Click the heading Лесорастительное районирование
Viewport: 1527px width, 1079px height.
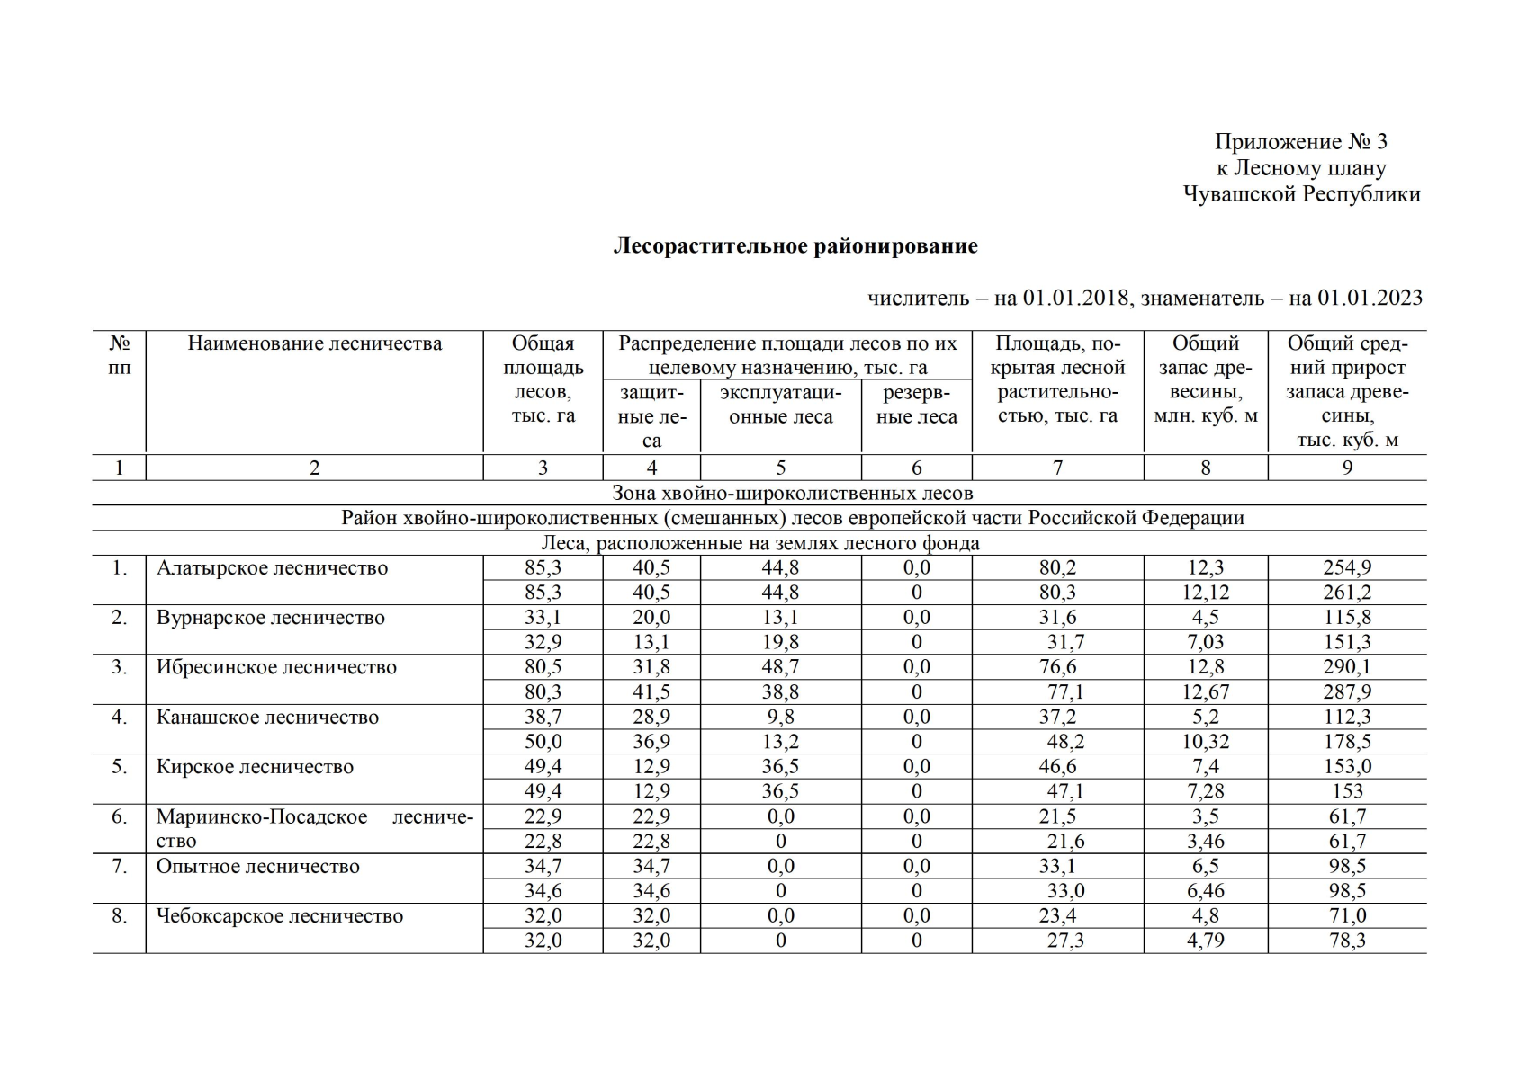coord(795,246)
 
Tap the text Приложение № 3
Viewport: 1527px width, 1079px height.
coord(1300,142)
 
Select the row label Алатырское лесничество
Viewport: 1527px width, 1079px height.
coord(272,568)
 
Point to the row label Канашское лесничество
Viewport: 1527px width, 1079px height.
coord(267,718)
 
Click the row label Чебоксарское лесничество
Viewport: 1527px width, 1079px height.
coord(279,916)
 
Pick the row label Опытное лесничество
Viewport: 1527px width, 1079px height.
coord(257,867)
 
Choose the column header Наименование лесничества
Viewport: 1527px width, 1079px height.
coord(314,343)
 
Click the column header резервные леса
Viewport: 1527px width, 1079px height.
coord(916,405)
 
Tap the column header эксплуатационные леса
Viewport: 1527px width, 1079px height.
coord(780,405)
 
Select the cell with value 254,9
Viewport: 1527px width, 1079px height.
coord(1346,568)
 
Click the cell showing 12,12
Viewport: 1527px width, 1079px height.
coord(1205,593)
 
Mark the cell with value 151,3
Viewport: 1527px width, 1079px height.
coord(1346,642)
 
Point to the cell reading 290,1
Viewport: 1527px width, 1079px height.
coord(1346,667)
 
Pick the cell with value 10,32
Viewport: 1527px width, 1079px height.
coord(1205,742)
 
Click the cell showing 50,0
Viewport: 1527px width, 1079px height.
coord(543,742)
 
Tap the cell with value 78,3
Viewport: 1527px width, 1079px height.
coord(1346,941)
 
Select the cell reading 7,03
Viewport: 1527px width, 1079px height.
coord(1205,642)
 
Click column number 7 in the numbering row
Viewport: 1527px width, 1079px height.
coord(1057,468)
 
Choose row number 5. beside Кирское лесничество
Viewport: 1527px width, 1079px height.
coord(119,767)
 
